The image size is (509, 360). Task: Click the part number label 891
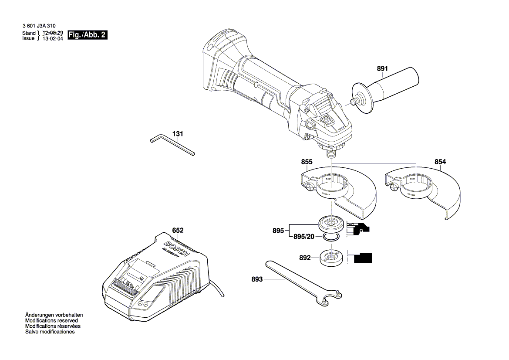point(382,68)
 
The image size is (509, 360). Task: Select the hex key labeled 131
point(172,145)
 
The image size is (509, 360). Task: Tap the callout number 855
point(307,162)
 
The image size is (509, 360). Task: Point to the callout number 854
point(440,162)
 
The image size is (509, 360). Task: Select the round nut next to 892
point(331,257)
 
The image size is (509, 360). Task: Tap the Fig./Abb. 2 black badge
point(87,35)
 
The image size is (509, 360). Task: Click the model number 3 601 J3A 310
point(39,26)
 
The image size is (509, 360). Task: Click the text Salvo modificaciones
point(50,332)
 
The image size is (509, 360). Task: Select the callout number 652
point(178,230)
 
